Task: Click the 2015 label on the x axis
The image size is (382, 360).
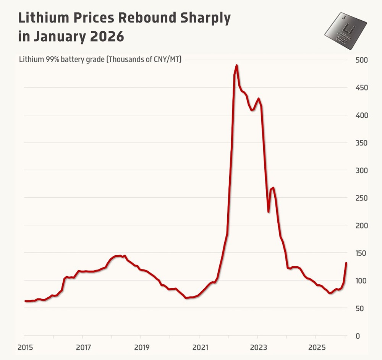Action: point(24,348)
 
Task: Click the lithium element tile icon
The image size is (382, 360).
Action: point(345,31)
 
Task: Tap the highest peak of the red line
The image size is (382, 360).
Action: point(236,65)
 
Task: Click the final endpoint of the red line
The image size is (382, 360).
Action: point(346,263)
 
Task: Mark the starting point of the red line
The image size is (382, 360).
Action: point(25,301)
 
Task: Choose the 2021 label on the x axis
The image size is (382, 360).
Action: point(199,348)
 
